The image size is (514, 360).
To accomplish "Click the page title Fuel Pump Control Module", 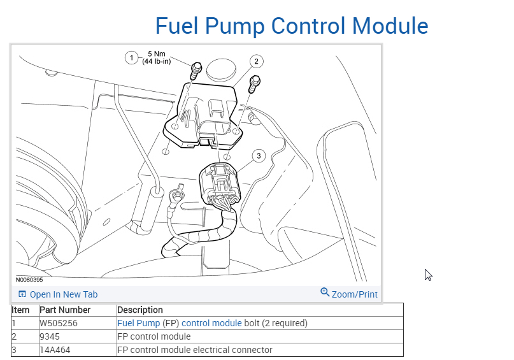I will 292,26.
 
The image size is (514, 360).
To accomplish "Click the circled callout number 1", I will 132,58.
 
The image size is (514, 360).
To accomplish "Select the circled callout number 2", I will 255,62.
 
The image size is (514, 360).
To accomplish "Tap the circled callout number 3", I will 258,155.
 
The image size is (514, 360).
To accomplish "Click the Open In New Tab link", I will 58,294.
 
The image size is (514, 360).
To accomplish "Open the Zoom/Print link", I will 349,294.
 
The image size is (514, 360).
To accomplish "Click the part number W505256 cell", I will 59,323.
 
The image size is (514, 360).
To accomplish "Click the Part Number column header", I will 65,310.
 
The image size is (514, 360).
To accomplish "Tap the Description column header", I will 140,310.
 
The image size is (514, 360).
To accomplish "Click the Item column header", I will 21,310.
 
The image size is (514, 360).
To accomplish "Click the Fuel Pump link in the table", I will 138,323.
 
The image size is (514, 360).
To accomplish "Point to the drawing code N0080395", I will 29,279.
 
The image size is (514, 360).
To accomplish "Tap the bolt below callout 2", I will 255,82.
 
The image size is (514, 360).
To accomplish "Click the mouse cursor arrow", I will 428,275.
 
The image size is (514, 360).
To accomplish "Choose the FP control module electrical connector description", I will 195,350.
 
